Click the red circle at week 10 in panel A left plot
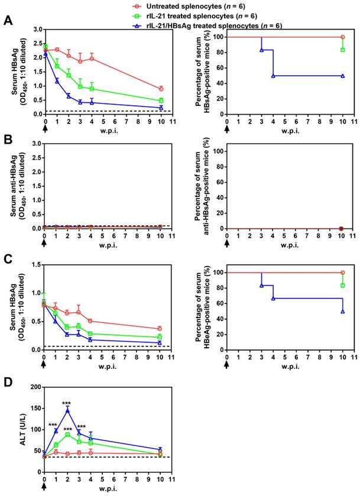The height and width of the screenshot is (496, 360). click(x=160, y=89)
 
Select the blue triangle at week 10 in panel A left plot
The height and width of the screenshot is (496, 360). click(x=160, y=108)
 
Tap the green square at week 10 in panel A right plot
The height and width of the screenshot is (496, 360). click(x=342, y=50)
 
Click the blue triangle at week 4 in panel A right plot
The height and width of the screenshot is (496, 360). click(x=273, y=76)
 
